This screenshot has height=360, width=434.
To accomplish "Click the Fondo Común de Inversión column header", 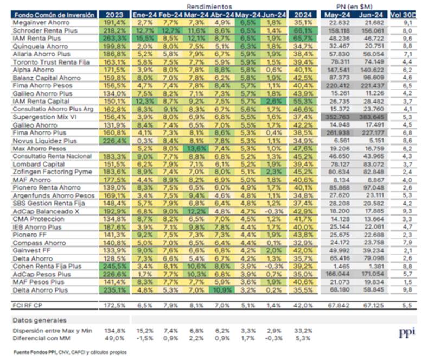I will (x=53, y=15).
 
